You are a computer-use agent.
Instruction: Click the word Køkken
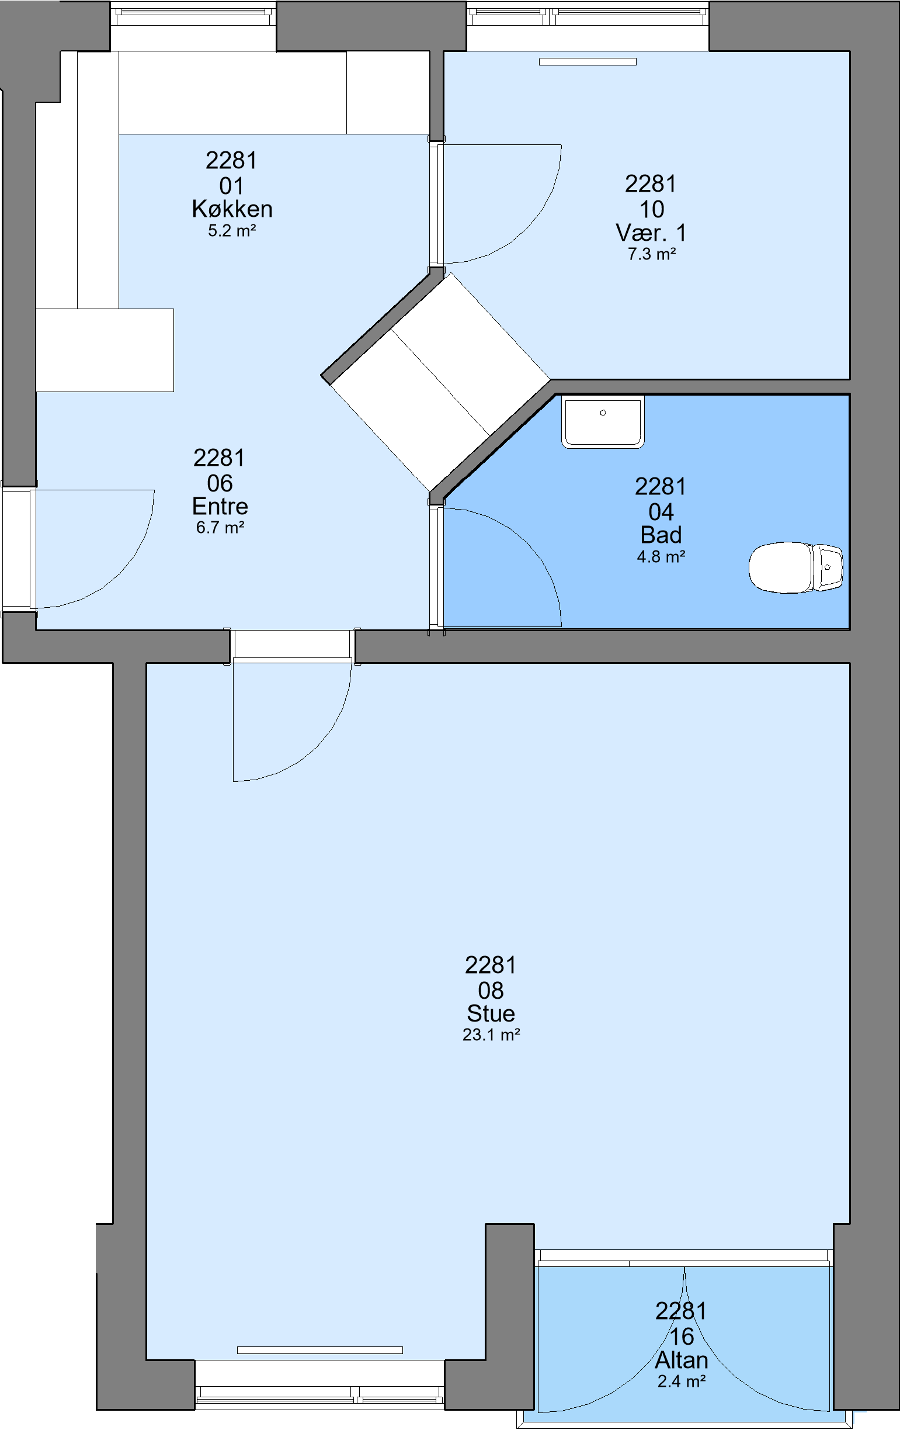coord(232,209)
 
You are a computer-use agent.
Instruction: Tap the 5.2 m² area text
coord(232,230)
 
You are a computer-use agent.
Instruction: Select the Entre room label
coord(220,506)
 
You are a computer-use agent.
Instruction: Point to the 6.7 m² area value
coord(220,527)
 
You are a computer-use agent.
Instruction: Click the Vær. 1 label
coord(651,233)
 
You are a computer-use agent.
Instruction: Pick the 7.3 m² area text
coord(652,254)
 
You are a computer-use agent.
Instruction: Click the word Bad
coord(661,535)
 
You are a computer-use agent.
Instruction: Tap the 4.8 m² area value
coord(661,556)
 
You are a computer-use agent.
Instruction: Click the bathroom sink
coord(603,421)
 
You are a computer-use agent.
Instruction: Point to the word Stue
coord(491,1013)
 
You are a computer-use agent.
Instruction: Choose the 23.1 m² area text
coord(491,1034)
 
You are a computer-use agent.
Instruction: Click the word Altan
coord(682,1360)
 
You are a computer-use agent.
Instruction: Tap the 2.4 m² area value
coord(682,1381)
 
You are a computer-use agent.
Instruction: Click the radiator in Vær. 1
coord(588,61)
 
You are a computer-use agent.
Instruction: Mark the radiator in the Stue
coord(320,1350)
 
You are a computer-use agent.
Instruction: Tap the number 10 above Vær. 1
coord(651,209)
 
